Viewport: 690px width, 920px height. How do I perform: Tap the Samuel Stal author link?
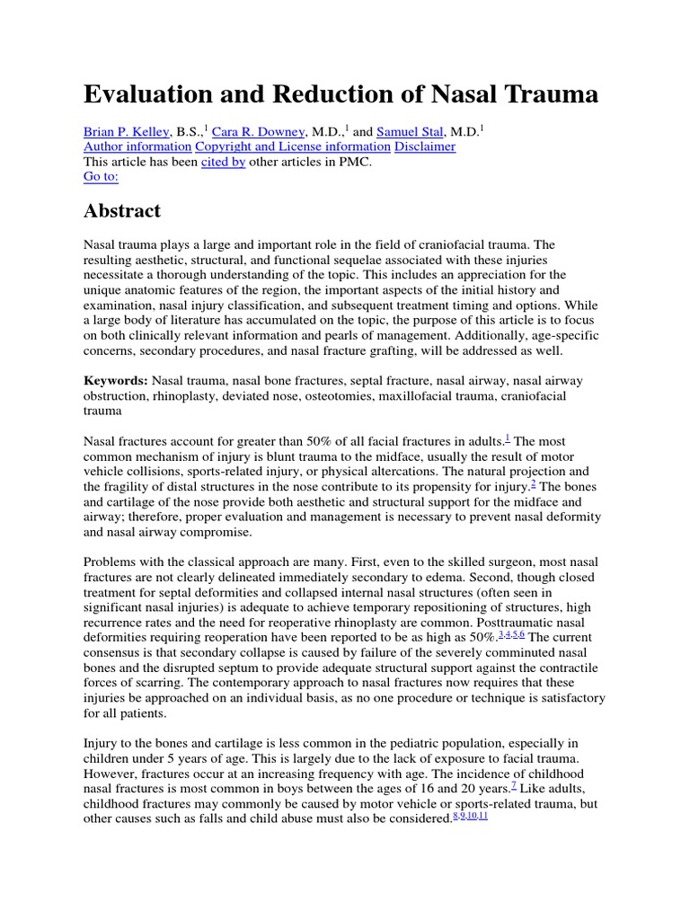pyautogui.click(x=409, y=131)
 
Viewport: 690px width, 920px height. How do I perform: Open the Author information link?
pyautogui.click(x=137, y=146)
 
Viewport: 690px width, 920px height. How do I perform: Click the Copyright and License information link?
pyautogui.click(x=293, y=146)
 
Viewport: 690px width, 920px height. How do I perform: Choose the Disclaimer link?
pyautogui.click(x=425, y=146)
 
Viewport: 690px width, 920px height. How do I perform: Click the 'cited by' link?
pyautogui.click(x=223, y=163)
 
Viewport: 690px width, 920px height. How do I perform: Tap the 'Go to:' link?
pyautogui.click(x=101, y=178)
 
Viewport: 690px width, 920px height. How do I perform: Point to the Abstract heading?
pyautogui.click(x=122, y=212)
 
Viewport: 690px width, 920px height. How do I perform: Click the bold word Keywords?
pyautogui.click(x=115, y=381)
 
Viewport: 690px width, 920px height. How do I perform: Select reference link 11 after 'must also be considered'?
pyautogui.click(x=482, y=816)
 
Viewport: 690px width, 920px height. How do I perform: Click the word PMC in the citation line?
pyautogui.click(x=353, y=163)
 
